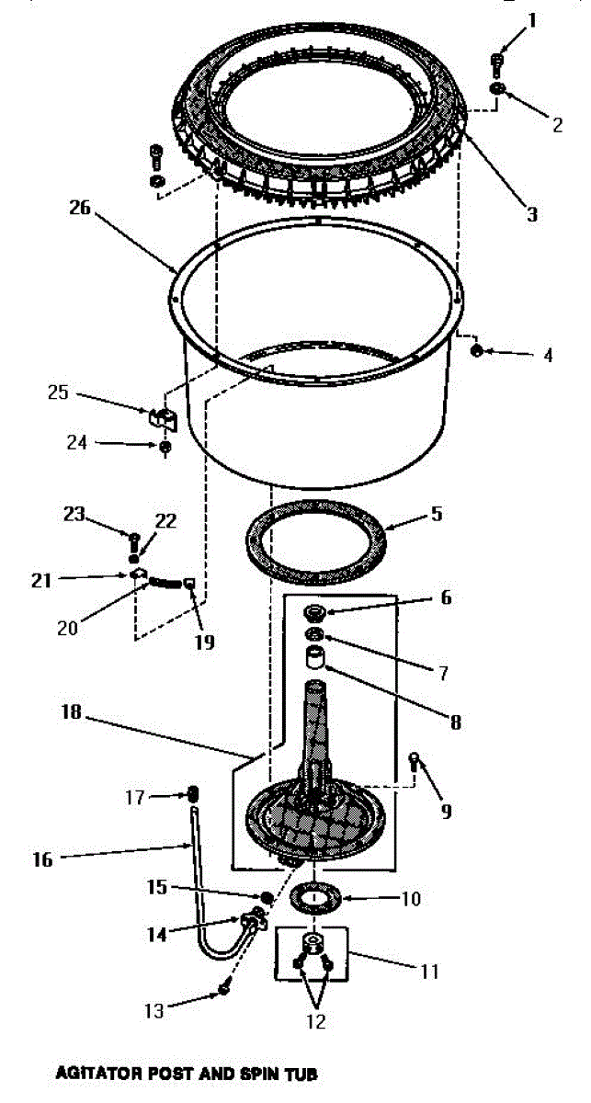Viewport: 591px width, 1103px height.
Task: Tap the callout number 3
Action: tap(531, 215)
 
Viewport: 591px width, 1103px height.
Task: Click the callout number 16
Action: tap(43, 859)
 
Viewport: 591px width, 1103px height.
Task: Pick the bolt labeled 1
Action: tap(497, 63)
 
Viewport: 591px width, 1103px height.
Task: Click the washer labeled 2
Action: tap(497, 88)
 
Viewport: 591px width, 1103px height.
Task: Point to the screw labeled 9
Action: tap(415, 760)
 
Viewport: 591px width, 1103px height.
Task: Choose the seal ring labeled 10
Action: tap(313, 895)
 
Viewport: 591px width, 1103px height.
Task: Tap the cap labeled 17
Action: tap(194, 793)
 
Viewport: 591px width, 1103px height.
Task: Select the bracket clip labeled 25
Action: tap(162, 417)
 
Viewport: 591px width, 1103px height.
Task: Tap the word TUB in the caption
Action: tap(300, 1073)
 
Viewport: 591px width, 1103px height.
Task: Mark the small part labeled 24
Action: tap(165, 448)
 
